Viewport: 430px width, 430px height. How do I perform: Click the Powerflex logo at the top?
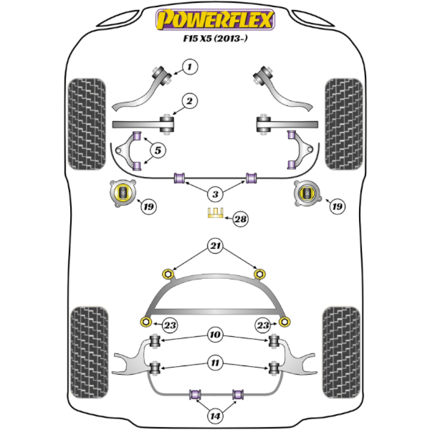215,19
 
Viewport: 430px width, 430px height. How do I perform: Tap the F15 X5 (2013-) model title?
215,39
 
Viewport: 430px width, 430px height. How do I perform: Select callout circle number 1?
190,67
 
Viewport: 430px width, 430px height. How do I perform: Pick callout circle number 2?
189,101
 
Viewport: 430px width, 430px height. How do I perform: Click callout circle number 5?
158,150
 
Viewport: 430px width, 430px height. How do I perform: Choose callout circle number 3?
215,194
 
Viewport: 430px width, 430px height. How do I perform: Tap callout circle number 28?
241,219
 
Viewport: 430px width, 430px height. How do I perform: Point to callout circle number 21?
215,246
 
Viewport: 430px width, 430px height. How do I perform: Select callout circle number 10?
215,335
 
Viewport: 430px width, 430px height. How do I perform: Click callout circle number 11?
215,363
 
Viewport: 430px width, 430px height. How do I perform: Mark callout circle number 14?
215,416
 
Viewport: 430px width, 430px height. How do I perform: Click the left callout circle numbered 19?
148,206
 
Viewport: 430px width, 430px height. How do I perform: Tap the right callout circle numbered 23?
263,325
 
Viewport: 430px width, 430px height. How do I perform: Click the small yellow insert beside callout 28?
216,213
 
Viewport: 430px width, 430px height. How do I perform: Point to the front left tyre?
87,124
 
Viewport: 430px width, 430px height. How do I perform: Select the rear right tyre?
341,353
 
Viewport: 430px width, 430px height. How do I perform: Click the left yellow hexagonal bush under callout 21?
168,274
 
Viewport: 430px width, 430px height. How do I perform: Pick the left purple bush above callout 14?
195,395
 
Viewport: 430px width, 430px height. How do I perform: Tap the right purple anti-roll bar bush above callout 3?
251,178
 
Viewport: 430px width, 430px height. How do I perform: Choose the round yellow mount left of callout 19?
123,193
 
